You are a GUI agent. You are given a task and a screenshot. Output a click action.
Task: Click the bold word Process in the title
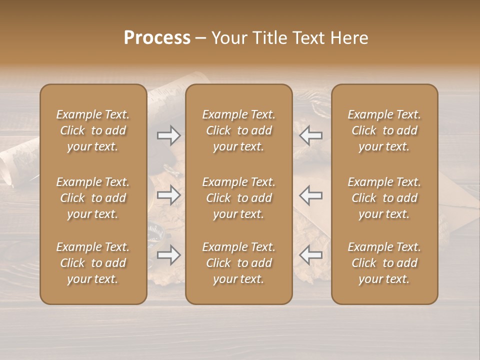[157, 38]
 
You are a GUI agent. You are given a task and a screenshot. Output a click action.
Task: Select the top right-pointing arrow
[168, 135]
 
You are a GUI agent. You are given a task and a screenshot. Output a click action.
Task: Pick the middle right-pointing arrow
[168, 195]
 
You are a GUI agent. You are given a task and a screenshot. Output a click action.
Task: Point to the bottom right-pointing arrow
[168, 255]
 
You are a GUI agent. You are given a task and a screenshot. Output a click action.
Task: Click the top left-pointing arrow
[310, 135]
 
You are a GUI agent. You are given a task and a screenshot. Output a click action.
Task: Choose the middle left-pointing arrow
[310, 195]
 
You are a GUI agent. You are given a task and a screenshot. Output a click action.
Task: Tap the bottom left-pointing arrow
[310, 255]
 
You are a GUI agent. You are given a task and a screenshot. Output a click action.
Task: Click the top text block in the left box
[93, 130]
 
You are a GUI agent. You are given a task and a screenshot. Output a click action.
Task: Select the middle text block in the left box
[93, 198]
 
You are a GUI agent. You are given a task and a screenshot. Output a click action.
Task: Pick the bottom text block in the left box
[93, 263]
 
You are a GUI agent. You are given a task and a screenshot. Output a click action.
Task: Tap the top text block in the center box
[238, 130]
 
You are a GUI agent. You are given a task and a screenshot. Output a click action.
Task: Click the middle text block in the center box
[238, 198]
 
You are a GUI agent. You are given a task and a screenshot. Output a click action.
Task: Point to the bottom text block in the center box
[238, 263]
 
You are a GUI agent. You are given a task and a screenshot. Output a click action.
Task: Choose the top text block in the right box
[384, 130]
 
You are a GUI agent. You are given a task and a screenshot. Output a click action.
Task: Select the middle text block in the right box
[384, 198]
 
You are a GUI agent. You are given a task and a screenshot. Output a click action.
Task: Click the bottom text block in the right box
[384, 263]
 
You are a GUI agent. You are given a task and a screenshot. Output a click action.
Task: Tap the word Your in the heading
[227, 38]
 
